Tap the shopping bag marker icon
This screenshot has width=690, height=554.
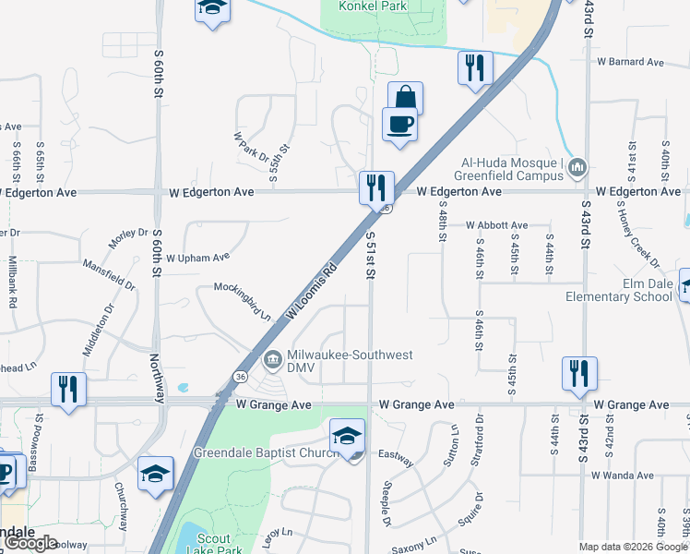[405, 97]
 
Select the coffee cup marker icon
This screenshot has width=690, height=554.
[399, 124]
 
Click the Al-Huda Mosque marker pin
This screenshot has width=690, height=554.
[577, 168]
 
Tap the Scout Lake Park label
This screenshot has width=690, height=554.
[213, 544]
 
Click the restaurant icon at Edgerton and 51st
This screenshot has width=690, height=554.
[376, 187]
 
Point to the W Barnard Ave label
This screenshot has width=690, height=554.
[630, 62]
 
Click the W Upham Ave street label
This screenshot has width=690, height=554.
[197, 258]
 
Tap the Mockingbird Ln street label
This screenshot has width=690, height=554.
[243, 300]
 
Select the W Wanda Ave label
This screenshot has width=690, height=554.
[624, 475]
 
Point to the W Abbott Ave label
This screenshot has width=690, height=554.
[496, 224]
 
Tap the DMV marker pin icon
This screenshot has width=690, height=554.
[273, 358]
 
